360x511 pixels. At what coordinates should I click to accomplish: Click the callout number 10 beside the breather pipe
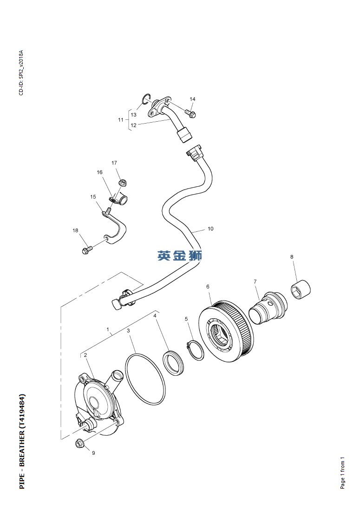click(210, 229)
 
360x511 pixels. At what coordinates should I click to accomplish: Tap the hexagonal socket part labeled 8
click(301, 289)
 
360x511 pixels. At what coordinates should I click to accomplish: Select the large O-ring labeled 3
click(144, 380)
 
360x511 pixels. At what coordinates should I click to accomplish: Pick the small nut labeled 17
click(123, 183)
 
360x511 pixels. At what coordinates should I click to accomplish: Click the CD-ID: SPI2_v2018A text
click(21, 72)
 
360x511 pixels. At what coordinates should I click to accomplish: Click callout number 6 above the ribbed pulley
click(208, 287)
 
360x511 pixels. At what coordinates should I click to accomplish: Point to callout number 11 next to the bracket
click(121, 120)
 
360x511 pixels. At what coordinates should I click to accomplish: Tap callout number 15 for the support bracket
click(93, 197)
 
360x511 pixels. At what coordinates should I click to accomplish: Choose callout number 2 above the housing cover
click(85, 355)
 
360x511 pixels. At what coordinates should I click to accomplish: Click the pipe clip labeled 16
click(118, 200)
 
